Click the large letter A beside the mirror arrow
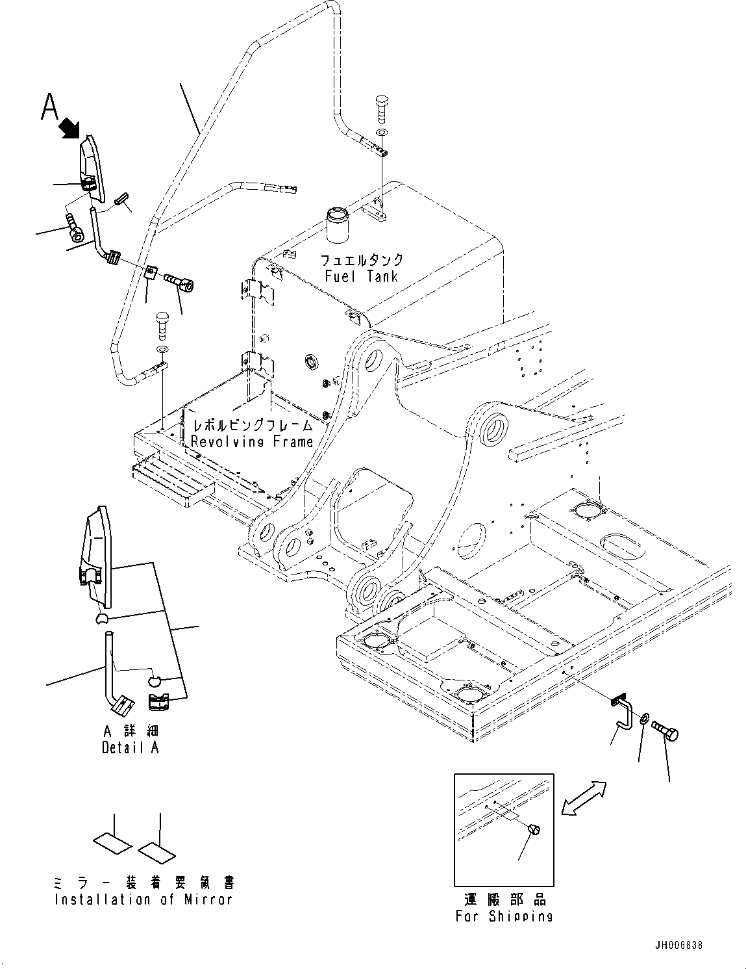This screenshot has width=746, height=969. click(49, 106)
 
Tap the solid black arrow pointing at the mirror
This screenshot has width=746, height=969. click(71, 128)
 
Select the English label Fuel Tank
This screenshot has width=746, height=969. click(361, 276)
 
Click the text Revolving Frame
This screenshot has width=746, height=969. click(252, 442)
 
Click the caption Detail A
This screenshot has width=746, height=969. click(130, 747)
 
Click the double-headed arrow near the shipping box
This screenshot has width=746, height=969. click(584, 799)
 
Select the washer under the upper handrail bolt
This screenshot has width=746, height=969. click(382, 133)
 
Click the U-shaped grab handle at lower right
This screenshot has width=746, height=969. click(623, 713)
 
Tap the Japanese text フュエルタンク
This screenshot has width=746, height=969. click(362, 259)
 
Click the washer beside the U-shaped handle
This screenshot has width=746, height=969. click(643, 719)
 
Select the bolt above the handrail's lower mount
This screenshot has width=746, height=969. click(162, 326)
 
